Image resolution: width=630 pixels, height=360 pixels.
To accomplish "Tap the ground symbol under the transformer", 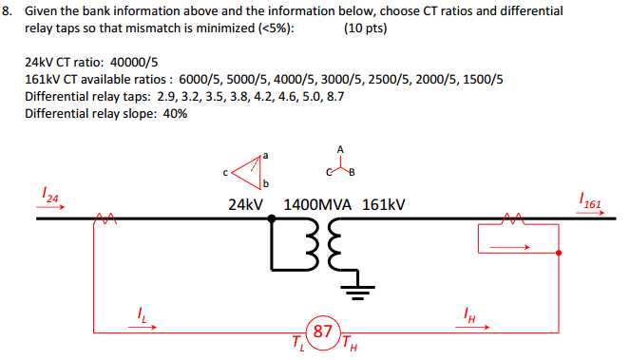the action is coord(358,292).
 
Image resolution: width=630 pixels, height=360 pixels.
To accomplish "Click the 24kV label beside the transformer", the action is coord(245,204).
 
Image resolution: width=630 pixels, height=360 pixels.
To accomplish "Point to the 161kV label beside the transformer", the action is coord(384,204).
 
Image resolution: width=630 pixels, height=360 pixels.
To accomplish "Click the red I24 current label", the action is coord(52,198).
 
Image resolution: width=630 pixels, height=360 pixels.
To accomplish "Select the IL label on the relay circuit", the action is coord(143,315).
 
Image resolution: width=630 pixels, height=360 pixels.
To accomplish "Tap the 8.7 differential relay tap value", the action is coord(334,96).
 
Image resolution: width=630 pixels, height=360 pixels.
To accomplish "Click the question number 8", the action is coord(9,10).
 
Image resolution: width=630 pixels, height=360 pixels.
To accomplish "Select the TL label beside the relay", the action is coord(299,343).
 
